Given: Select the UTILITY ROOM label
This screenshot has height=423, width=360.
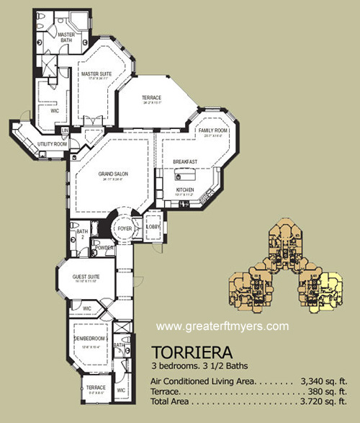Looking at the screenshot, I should (52, 144).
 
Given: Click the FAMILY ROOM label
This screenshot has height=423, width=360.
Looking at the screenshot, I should (213, 130).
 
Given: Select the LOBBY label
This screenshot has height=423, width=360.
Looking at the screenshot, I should (153, 227).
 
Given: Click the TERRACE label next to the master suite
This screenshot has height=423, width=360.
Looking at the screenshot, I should (151, 98).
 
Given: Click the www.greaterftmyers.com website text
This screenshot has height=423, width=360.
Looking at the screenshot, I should (222, 325).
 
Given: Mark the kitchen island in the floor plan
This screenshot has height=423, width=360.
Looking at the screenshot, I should (184, 175).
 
